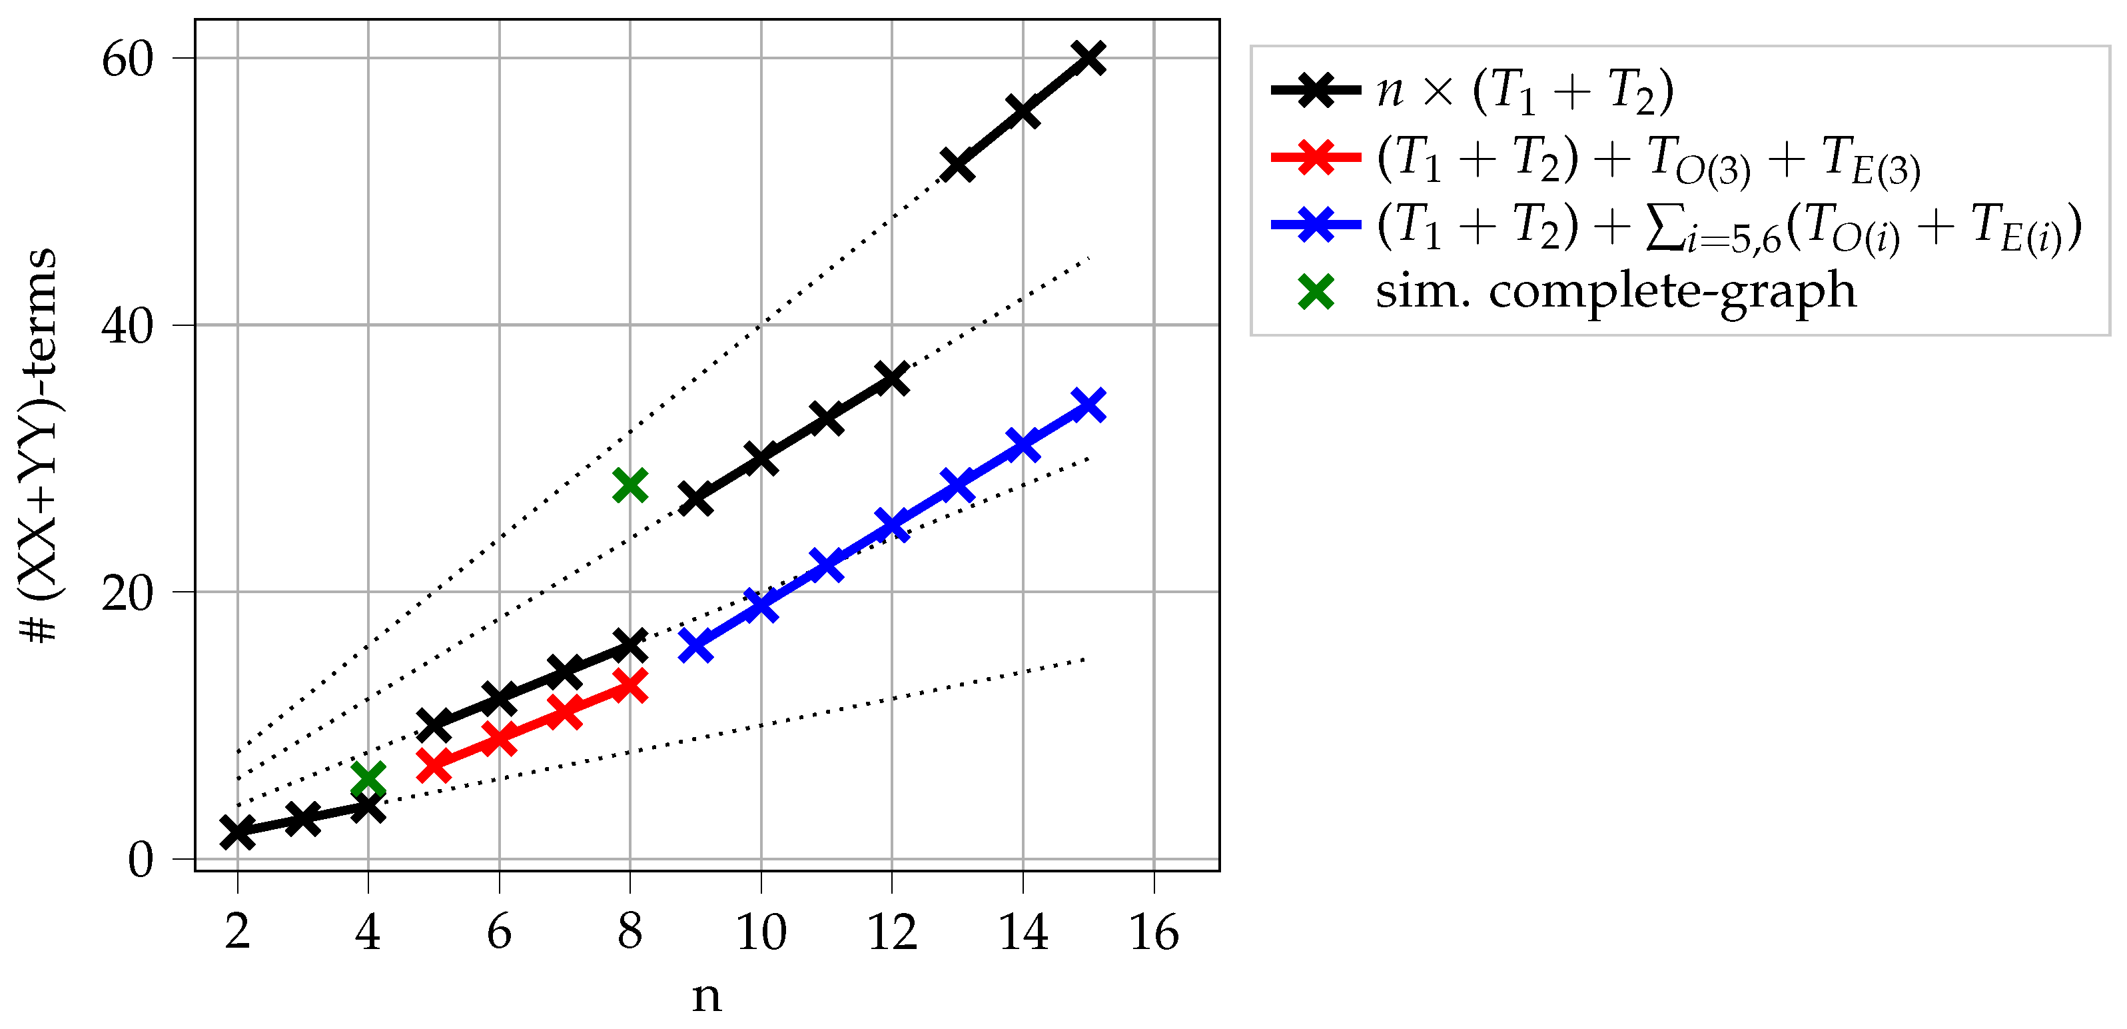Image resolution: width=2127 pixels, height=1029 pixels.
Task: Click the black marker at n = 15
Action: [1088, 58]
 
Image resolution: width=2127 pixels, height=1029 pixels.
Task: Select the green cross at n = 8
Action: [630, 486]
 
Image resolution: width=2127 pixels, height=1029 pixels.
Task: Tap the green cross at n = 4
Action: [368, 779]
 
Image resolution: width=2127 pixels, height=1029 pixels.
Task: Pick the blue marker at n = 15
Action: [1088, 405]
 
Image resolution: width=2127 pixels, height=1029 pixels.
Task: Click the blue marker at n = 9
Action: [696, 645]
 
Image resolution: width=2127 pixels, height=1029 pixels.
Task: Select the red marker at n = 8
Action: [630, 686]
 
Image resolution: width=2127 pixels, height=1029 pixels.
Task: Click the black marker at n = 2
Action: [238, 832]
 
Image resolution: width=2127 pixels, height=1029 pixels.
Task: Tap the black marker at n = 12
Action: [892, 379]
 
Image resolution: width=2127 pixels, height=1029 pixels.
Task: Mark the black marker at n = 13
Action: [957, 165]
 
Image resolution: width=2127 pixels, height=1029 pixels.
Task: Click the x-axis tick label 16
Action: [1154, 933]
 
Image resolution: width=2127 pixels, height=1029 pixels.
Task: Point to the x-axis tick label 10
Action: [761, 933]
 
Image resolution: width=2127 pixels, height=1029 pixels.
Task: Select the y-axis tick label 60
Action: [128, 59]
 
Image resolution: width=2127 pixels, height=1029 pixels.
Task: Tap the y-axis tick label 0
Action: [141, 860]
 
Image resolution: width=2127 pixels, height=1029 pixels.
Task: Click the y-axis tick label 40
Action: [128, 326]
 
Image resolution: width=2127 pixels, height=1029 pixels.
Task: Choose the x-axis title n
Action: [706, 996]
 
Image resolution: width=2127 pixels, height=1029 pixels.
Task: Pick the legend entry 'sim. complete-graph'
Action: [1615, 291]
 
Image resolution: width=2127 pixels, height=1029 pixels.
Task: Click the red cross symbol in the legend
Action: [1316, 157]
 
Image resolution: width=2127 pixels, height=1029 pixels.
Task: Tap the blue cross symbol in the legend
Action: [1316, 225]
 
